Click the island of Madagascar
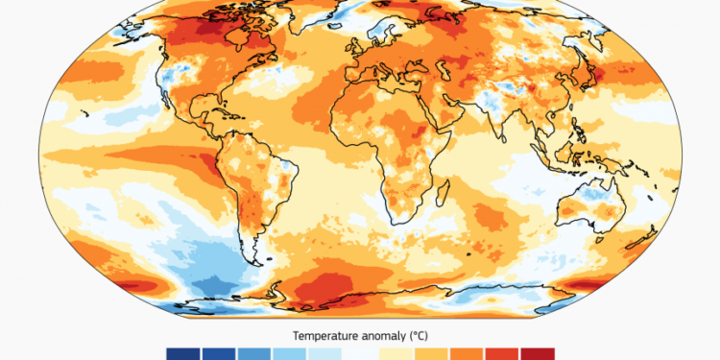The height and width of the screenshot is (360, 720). click(x=447, y=198)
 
